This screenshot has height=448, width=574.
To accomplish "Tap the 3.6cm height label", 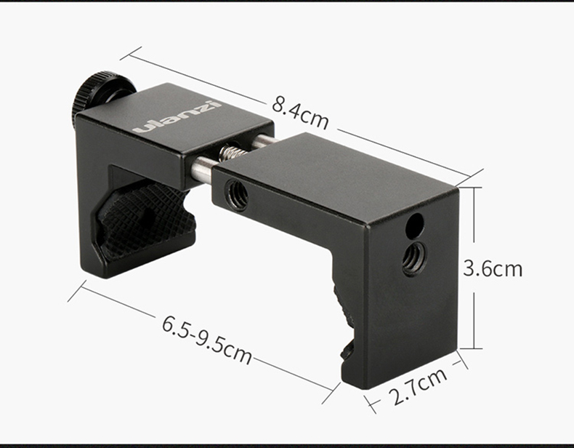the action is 493,268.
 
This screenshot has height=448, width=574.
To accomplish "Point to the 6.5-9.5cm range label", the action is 207,340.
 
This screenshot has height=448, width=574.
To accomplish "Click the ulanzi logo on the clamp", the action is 177,116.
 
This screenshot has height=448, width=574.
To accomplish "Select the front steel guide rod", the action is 203,169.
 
